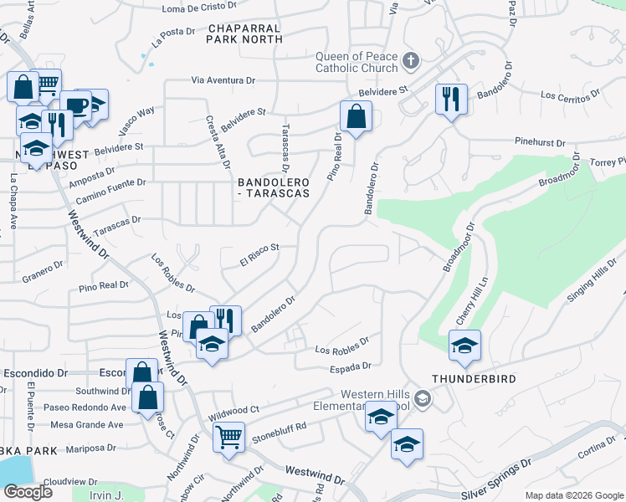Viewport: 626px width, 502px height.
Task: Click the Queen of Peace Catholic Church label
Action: [356, 63]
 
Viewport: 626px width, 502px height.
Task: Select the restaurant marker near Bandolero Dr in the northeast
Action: [450, 100]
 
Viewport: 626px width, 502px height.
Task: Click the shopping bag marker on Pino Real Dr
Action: [356, 117]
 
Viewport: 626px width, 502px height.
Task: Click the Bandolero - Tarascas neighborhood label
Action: [274, 187]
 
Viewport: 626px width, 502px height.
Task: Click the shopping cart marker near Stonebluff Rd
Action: [228, 437]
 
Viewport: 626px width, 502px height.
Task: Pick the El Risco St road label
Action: [258, 254]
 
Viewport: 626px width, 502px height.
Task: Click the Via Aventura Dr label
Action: [223, 80]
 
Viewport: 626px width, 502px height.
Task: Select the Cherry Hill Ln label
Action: [471, 302]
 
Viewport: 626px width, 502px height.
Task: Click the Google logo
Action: [27, 492]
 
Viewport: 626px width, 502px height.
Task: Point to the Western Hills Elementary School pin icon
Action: [423, 399]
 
